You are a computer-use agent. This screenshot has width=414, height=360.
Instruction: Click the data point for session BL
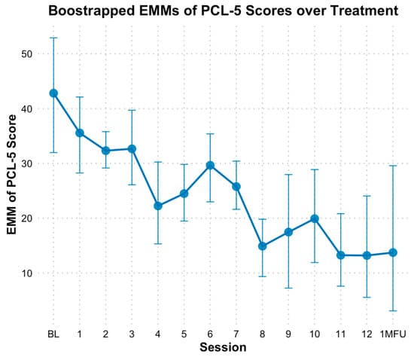coord(53,93)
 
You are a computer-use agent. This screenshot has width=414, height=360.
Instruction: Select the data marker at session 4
coord(158,206)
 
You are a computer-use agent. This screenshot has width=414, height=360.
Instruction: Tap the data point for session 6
coord(210,165)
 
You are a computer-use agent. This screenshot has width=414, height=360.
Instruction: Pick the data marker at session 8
coord(263,246)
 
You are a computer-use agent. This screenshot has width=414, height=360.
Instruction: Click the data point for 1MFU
coord(393,252)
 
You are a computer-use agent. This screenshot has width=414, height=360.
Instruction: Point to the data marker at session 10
coord(315,218)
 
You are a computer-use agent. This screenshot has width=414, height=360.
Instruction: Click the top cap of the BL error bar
coord(53,38)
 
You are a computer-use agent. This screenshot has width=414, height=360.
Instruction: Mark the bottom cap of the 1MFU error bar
coord(393,310)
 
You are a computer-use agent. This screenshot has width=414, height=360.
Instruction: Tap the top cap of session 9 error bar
coord(288,175)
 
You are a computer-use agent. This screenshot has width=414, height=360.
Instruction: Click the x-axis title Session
coord(223,347)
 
